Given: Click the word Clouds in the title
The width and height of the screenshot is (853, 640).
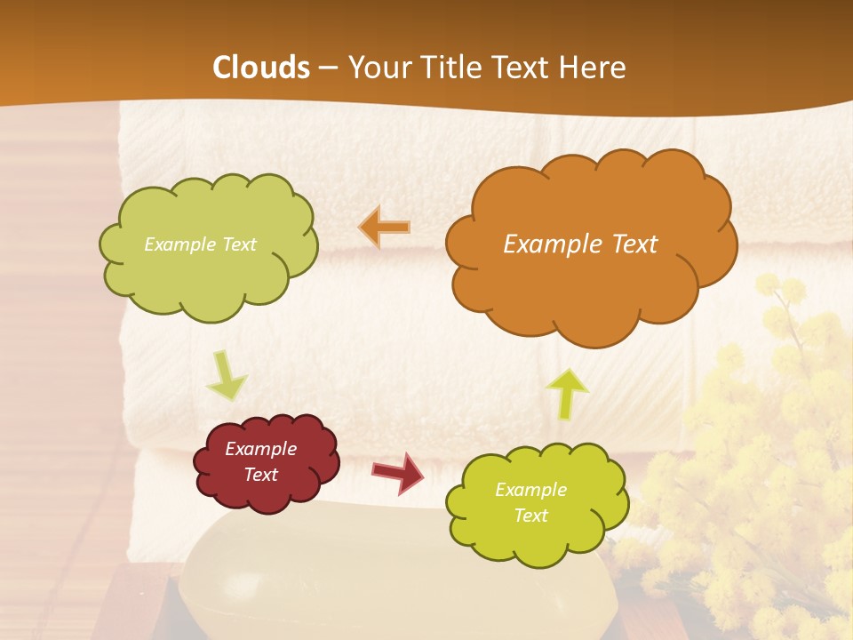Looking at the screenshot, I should (261, 68).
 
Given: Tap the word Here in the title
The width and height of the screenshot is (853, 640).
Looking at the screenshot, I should (594, 68).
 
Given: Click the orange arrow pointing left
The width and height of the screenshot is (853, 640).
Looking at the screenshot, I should (385, 227).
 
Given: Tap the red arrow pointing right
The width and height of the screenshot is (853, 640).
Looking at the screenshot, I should (398, 473).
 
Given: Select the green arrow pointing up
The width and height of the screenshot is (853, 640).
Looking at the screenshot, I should (567, 393).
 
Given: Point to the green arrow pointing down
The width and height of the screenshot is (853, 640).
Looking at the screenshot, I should (227, 375).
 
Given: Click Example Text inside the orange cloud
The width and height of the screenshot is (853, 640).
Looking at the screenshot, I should (580, 244).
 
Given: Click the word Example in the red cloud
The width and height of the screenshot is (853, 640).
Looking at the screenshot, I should (260, 450).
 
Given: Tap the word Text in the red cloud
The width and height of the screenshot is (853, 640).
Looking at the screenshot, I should (260, 476).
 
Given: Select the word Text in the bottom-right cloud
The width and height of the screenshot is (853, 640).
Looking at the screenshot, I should (530, 516).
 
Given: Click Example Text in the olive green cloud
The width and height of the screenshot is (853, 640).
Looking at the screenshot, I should (200, 244).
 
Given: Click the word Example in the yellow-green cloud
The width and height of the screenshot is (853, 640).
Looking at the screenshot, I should (530, 490).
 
